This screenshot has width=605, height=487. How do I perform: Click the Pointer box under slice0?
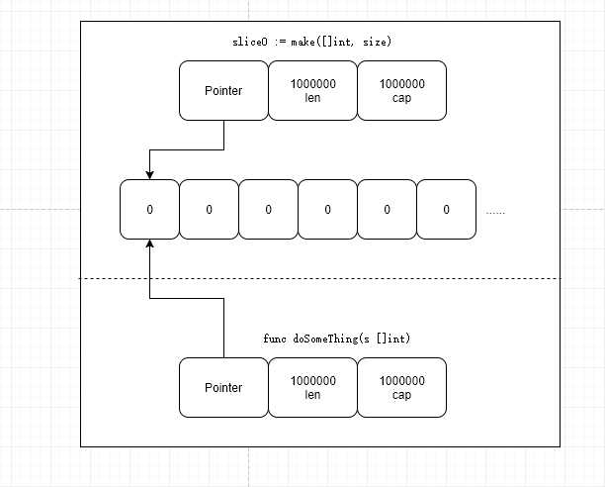click(223, 90)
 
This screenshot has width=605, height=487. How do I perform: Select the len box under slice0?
click(313, 90)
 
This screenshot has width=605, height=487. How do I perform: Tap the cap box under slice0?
click(402, 90)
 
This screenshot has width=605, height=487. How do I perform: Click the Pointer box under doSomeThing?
click(223, 387)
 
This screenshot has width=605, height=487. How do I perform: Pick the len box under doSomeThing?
click(313, 387)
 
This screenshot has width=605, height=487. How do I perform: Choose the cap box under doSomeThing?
click(402, 387)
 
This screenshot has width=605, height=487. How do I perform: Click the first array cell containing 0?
click(149, 209)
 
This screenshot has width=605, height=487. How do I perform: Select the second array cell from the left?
click(210, 209)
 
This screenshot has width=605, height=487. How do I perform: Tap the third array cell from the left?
click(269, 209)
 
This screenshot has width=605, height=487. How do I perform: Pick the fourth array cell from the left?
click(328, 209)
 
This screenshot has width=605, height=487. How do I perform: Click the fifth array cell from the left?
click(388, 209)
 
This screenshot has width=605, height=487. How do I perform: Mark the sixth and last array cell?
click(447, 209)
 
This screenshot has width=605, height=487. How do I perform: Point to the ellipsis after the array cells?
click(495, 213)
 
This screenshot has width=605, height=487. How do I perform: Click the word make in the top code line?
click(302, 42)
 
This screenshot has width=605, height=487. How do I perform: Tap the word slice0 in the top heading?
click(250, 42)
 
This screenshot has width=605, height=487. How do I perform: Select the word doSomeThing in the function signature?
click(325, 339)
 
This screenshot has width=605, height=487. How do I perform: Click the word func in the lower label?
click(275, 339)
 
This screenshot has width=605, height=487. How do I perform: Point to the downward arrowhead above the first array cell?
click(149, 175)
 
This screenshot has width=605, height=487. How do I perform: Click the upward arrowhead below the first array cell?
click(149, 243)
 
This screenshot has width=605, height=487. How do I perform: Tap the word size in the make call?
click(375, 42)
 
